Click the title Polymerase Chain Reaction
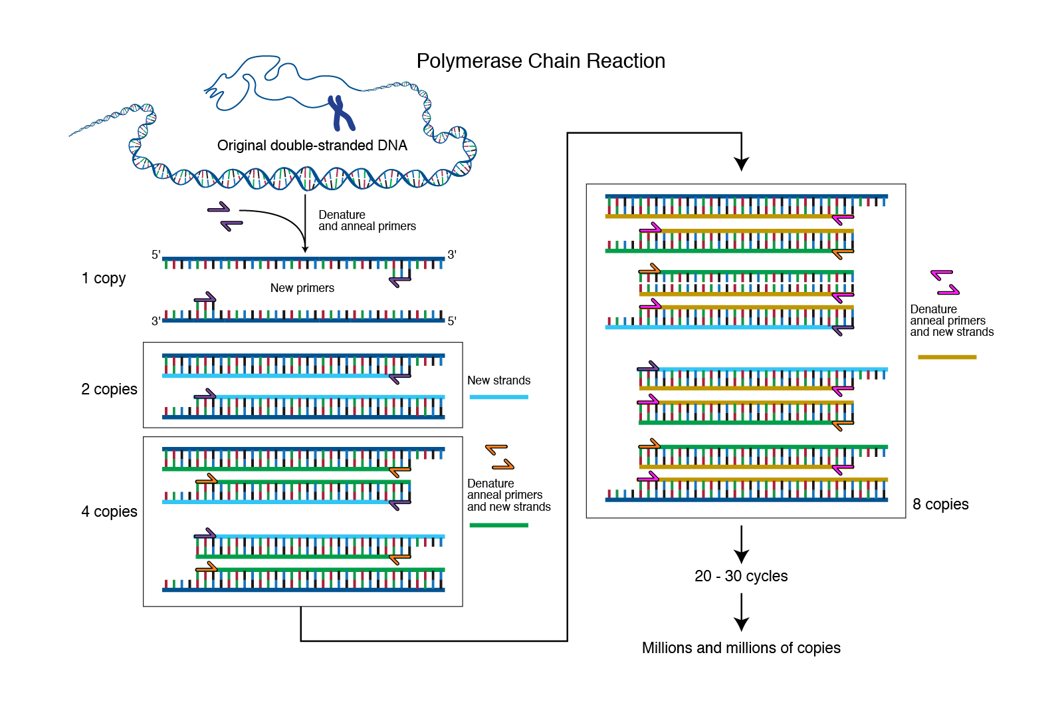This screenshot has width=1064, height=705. coord(540,61)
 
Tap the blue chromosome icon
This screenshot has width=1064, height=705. coord(341,114)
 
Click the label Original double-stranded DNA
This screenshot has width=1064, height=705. coord(312,146)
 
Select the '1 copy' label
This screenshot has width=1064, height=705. coord(104,278)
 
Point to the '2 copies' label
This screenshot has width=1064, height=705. coord(109,389)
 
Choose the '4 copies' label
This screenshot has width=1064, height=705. coord(109,511)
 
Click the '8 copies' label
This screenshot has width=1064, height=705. coord(940,504)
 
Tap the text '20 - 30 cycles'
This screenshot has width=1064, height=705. coord(741,576)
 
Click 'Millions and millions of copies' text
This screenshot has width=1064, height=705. coord(741,648)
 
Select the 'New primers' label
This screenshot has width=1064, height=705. coord(302,288)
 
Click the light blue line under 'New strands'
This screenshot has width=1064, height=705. coord(498,397)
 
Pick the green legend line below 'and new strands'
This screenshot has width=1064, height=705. coord(498,525)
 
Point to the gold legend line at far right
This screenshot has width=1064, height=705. coord(947,357)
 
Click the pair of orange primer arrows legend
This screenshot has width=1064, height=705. coord(500,457)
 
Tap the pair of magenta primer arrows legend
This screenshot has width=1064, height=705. coord(945,282)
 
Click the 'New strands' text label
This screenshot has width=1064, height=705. coord(498,380)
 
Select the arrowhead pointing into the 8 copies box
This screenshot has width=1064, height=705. coord(742,164)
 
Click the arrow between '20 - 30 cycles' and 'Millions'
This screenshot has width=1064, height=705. coord(742,612)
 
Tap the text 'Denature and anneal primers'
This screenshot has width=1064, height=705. coord(367,220)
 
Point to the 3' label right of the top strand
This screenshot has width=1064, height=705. coord(452,255)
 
